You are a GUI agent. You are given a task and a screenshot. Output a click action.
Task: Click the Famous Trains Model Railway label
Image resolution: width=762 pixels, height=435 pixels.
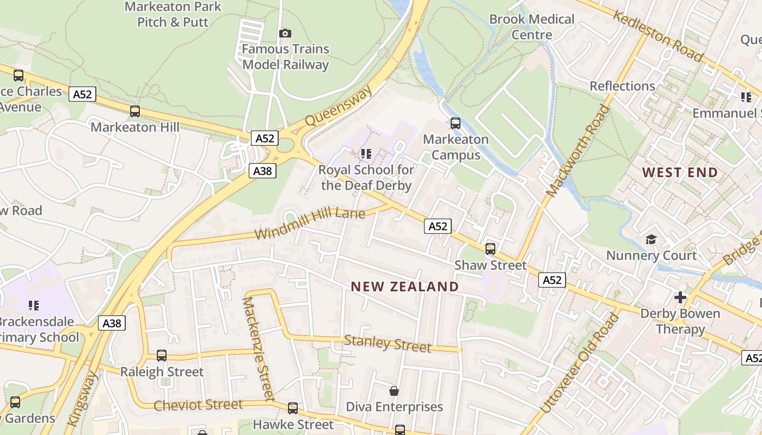click(286, 57)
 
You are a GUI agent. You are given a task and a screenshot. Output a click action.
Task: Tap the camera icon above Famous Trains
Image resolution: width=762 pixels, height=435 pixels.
click(285, 34)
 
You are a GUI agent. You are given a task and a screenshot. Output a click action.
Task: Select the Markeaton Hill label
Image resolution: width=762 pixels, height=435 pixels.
click(135, 127)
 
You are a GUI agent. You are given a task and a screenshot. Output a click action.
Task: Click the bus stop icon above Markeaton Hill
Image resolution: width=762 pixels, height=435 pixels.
click(135, 111)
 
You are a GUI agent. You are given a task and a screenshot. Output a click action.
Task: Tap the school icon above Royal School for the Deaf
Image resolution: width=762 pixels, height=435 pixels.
click(366, 154)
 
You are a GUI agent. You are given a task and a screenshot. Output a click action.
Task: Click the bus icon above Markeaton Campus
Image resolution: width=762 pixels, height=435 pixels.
click(456, 123)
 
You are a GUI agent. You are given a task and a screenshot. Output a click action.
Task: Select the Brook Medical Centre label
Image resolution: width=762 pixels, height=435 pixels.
click(532, 27)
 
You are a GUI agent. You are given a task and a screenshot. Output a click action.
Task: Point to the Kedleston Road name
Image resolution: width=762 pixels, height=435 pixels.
click(657, 36)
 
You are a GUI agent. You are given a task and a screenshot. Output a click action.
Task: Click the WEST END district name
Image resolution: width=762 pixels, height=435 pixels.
click(680, 173)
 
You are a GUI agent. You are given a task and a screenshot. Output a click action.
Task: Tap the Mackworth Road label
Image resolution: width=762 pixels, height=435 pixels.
click(578, 151)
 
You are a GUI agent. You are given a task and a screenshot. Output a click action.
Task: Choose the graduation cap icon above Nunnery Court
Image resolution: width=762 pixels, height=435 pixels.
click(651, 239)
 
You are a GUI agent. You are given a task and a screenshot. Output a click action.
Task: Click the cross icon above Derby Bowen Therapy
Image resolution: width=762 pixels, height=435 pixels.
click(680, 297)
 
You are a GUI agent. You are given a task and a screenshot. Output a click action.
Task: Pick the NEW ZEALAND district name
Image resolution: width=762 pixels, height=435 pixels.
click(404, 287)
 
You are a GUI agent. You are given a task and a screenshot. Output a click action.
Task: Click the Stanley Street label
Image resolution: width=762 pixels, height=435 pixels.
click(388, 344)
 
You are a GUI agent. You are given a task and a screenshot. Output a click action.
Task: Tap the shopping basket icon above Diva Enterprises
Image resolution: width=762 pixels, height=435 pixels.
click(394, 391)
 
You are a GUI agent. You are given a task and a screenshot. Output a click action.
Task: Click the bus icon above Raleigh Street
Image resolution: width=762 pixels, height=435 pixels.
click(162, 356)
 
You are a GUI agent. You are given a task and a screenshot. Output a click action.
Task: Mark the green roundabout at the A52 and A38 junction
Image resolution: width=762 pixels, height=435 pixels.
click(285, 146)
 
